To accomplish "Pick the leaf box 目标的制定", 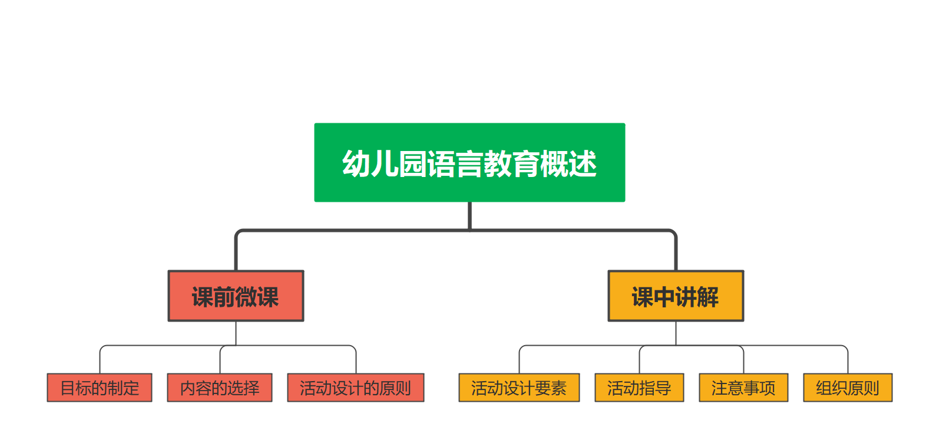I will point(100,388).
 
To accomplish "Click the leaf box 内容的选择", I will point(220,388).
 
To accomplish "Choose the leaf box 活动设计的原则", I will point(355,388).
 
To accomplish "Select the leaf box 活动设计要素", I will point(519,388).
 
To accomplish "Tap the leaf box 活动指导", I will point(639,388).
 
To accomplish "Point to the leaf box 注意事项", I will point(743,388).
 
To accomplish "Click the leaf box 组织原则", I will point(848,388).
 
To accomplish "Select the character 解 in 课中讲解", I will point(707,297).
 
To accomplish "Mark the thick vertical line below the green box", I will point(469,215).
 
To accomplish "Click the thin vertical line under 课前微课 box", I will point(236,333).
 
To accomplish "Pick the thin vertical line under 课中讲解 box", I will point(676,333).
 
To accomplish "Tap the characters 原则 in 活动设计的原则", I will point(395,388).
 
